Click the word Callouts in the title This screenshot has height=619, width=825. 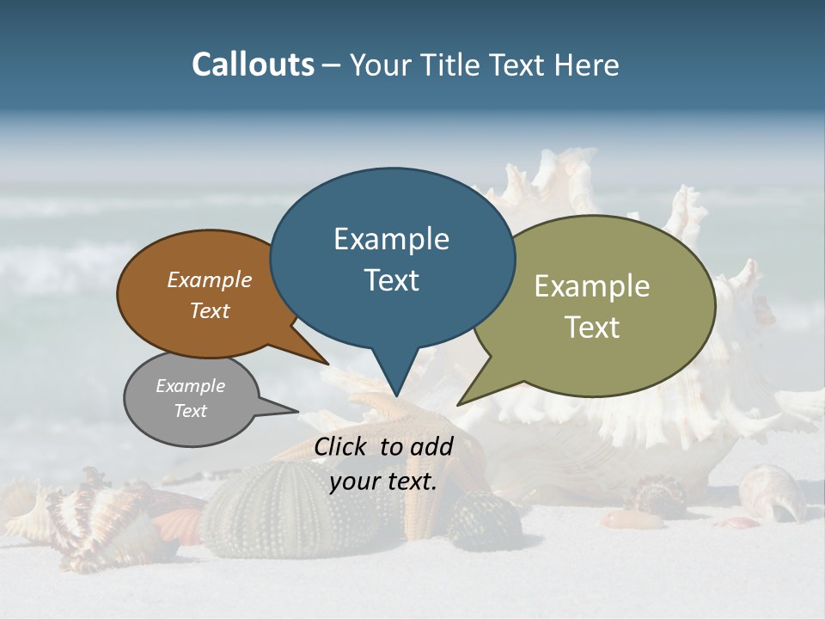[x=253, y=64]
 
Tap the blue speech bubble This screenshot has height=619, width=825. [x=392, y=258]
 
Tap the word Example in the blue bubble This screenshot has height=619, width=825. [x=391, y=239]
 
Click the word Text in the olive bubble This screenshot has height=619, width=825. [x=592, y=328]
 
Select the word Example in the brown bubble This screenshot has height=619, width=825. [x=209, y=280]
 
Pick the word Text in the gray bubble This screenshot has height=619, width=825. [x=191, y=411]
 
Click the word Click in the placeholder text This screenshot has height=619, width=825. [x=343, y=446]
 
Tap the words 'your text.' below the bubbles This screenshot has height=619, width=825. [x=383, y=481]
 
